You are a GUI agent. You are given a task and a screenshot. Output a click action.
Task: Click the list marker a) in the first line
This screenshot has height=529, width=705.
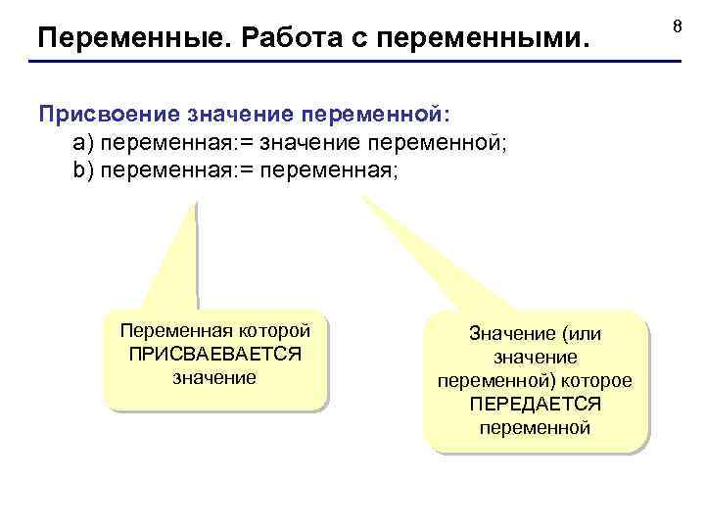point(82,143)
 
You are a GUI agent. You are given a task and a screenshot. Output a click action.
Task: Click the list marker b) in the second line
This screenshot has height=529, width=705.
point(82,169)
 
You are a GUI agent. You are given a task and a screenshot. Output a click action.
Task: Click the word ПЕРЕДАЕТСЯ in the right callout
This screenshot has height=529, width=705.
point(535,404)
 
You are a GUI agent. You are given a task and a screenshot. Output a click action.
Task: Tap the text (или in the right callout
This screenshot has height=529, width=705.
point(582,334)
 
